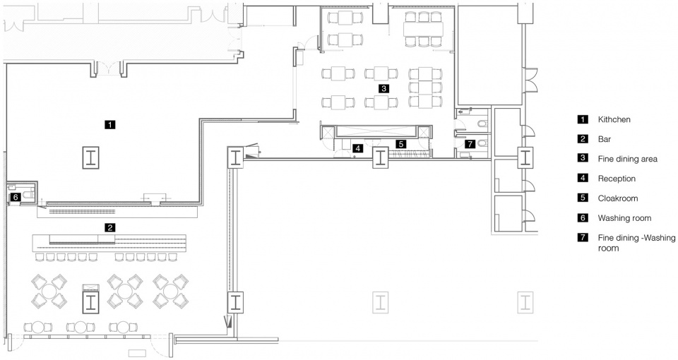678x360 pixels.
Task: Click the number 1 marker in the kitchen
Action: point(110,124)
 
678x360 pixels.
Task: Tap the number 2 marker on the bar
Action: point(110,227)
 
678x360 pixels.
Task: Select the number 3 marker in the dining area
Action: point(383,89)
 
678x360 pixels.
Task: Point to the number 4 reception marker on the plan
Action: point(357,148)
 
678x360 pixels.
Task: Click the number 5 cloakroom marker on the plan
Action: point(401,144)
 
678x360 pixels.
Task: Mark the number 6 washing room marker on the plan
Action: point(15,197)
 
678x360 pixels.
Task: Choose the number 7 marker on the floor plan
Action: point(470,144)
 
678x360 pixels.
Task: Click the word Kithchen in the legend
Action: point(614,119)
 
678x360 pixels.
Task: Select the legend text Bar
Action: point(605,139)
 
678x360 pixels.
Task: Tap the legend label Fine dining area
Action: point(627,159)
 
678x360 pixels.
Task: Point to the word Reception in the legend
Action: point(617,179)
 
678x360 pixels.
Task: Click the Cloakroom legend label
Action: point(618,198)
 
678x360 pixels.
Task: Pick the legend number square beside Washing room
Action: point(583,218)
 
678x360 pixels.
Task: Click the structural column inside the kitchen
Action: point(91,157)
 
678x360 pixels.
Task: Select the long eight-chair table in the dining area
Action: point(423,29)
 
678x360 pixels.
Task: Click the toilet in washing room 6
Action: point(28,194)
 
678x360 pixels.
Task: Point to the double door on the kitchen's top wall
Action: point(108,69)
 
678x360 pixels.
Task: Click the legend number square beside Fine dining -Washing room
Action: point(583,237)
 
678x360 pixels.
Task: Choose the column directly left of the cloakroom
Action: point(380,157)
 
